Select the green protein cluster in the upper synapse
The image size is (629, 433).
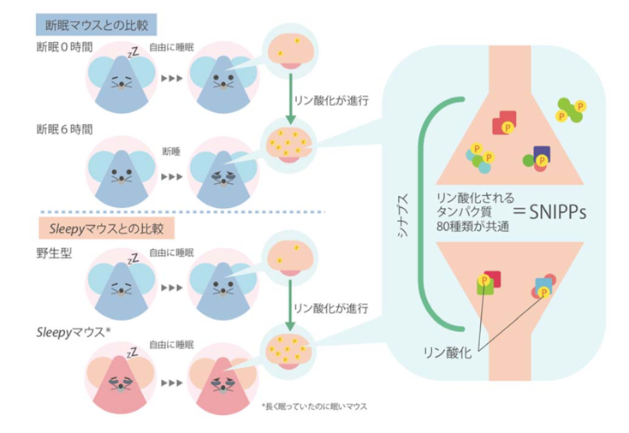pyautogui.click(x=571, y=109)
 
